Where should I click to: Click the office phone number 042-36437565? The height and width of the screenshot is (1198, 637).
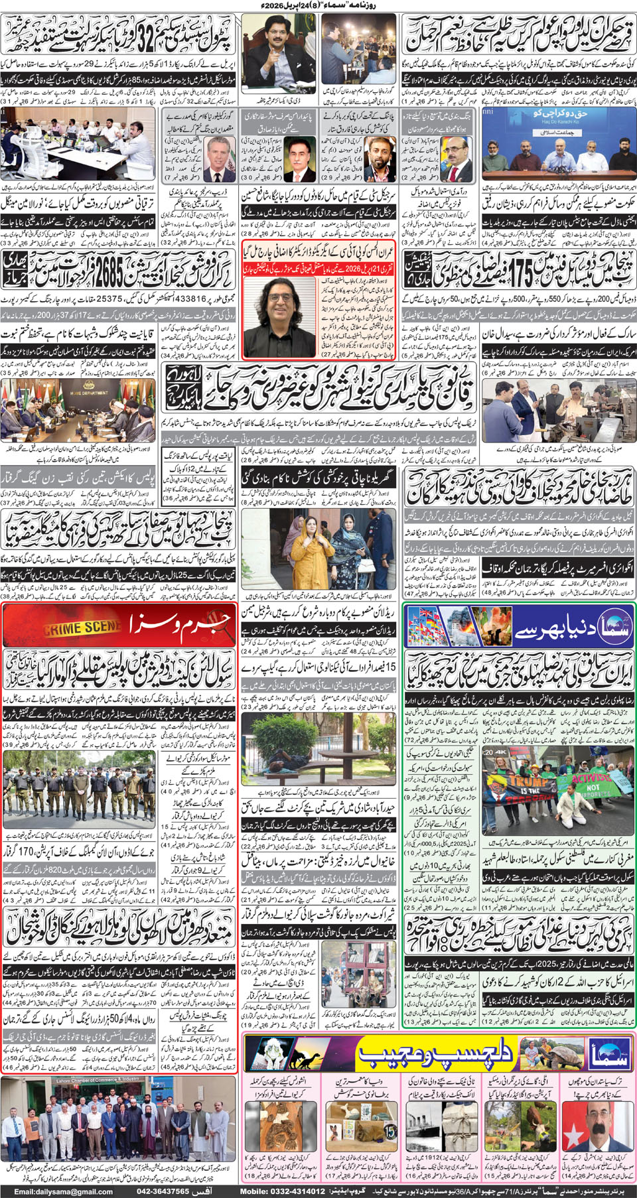click(163, 1191)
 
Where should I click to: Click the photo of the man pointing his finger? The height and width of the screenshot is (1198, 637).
click(279, 53)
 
